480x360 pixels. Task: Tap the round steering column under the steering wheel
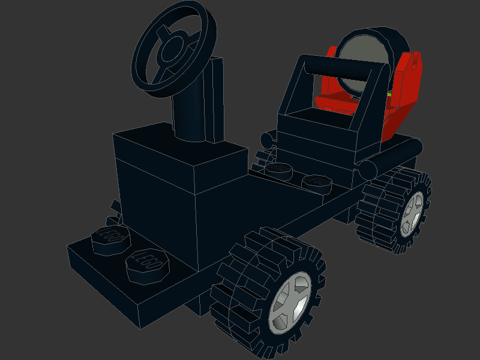[x=191, y=114]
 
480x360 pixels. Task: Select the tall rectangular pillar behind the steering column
[x=216, y=99]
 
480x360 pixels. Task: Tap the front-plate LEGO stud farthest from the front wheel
[x=110, y=238]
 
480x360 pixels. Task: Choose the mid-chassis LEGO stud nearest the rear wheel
[x=316, y=181]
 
